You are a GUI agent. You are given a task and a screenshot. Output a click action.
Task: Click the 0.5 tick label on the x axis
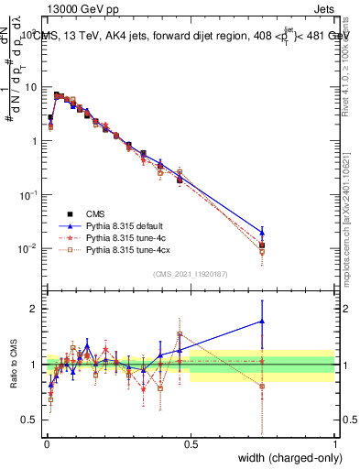point(191,444)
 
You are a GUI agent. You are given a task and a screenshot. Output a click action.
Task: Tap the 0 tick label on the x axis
point(47,444)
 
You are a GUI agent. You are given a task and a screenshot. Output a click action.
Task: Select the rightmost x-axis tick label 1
point(334,444)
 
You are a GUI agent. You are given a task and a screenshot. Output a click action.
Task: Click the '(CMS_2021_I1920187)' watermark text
point(191,273)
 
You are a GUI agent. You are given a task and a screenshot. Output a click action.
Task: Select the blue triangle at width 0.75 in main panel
point(262,232)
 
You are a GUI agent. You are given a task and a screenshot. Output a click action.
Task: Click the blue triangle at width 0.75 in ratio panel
point(262,321)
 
